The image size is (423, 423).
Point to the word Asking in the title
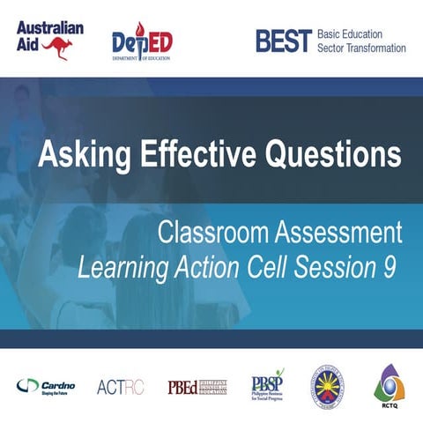pyautogui.click(x=78, y=156)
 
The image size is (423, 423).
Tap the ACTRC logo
pyautogui.click(x=115, y=386)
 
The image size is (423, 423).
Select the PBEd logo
pyautogui.click(x=197, y=386)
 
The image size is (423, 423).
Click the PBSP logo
pyautogui.click(x=268, y=384)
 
